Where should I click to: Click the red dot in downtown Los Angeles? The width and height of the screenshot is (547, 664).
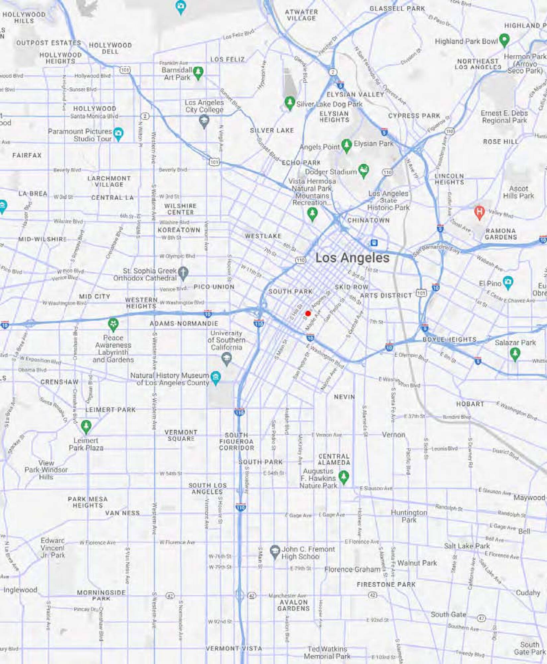coord(308,313)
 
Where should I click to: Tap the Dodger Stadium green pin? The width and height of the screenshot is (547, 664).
coord(364,171)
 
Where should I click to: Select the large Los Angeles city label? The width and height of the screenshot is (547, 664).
coord(352,258)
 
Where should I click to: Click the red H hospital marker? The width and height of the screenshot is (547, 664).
coord(479,212)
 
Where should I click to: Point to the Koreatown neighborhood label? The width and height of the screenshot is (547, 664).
coord(179,230)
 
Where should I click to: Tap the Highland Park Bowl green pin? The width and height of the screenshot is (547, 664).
coord(504,40)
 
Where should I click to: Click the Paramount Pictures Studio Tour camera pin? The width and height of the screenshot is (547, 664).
coord(118,134)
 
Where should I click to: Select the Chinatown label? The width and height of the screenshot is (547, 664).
coord(368,220)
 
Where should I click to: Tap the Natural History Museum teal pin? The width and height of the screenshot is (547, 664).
coord(216,377)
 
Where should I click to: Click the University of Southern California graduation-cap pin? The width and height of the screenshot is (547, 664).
coord(227,359)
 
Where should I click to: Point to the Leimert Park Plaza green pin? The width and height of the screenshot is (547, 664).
coord(86,426)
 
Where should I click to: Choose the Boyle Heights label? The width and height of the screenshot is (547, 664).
coord(449,340)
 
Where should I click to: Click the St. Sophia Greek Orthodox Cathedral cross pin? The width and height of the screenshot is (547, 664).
coord(183,273)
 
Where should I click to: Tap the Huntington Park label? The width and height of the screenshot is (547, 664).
coord(409,516)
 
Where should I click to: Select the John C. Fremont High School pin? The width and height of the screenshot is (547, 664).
coord(274,552)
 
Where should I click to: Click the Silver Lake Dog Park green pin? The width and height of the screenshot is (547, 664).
coord(290,103)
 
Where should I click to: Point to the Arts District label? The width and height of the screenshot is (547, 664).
coord(386,295)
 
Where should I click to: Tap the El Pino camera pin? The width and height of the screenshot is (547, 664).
coord(508,283)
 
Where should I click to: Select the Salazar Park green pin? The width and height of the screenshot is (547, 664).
coord(515,354)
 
